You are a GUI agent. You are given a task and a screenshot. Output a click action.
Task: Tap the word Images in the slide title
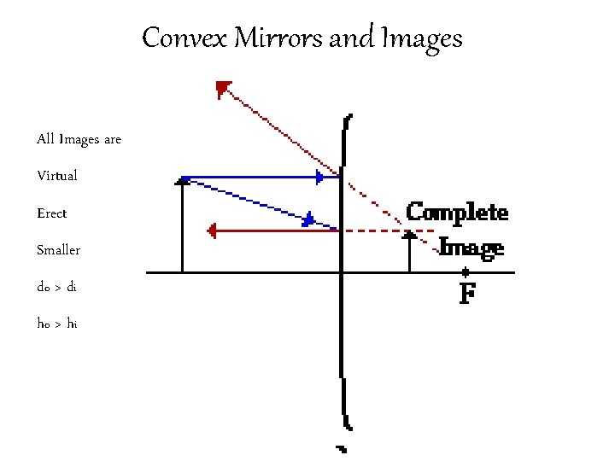pyautogui.click(x=422, y=38)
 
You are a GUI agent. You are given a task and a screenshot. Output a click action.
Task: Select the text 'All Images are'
pyautogui.click(x=79, y=138)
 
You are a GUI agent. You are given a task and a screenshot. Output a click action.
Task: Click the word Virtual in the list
pyautogui.click(x=57, y=176)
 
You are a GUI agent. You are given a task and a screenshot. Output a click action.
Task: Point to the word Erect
pyautogui.click(x=51, y=213)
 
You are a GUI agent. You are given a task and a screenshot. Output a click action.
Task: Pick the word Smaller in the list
pyautogui.click(x=58, y=250)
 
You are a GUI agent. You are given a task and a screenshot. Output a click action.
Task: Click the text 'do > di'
pyautogui.click(x=56, y=287)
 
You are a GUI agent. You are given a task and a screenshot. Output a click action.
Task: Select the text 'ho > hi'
pyautogui.click(x=56, y=324)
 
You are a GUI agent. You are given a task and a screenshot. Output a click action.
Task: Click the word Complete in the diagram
pyautogui.click(x=457, y=212)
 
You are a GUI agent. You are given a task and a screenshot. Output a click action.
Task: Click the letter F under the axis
pyautogui.click(x=466, y=295)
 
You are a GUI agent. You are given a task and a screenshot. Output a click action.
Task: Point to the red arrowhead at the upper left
pyautogui.click(x=223, y=87)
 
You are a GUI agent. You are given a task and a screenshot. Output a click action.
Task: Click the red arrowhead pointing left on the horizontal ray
pyautogui.click(x=213, y=230)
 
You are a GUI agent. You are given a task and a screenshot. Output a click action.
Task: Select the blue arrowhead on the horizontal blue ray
pyautogui.click(x=320, y=178)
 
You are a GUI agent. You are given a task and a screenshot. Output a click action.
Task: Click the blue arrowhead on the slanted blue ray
pyautogui.click(x=309, y=219)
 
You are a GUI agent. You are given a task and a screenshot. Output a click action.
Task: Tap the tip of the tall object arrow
pyautogui.click(x=183, y=179)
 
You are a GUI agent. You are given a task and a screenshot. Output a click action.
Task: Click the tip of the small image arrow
pyautogui.click(x=409, y=233)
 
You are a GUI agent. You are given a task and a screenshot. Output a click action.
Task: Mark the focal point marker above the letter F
pyautogui.click(x=466, y=272)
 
